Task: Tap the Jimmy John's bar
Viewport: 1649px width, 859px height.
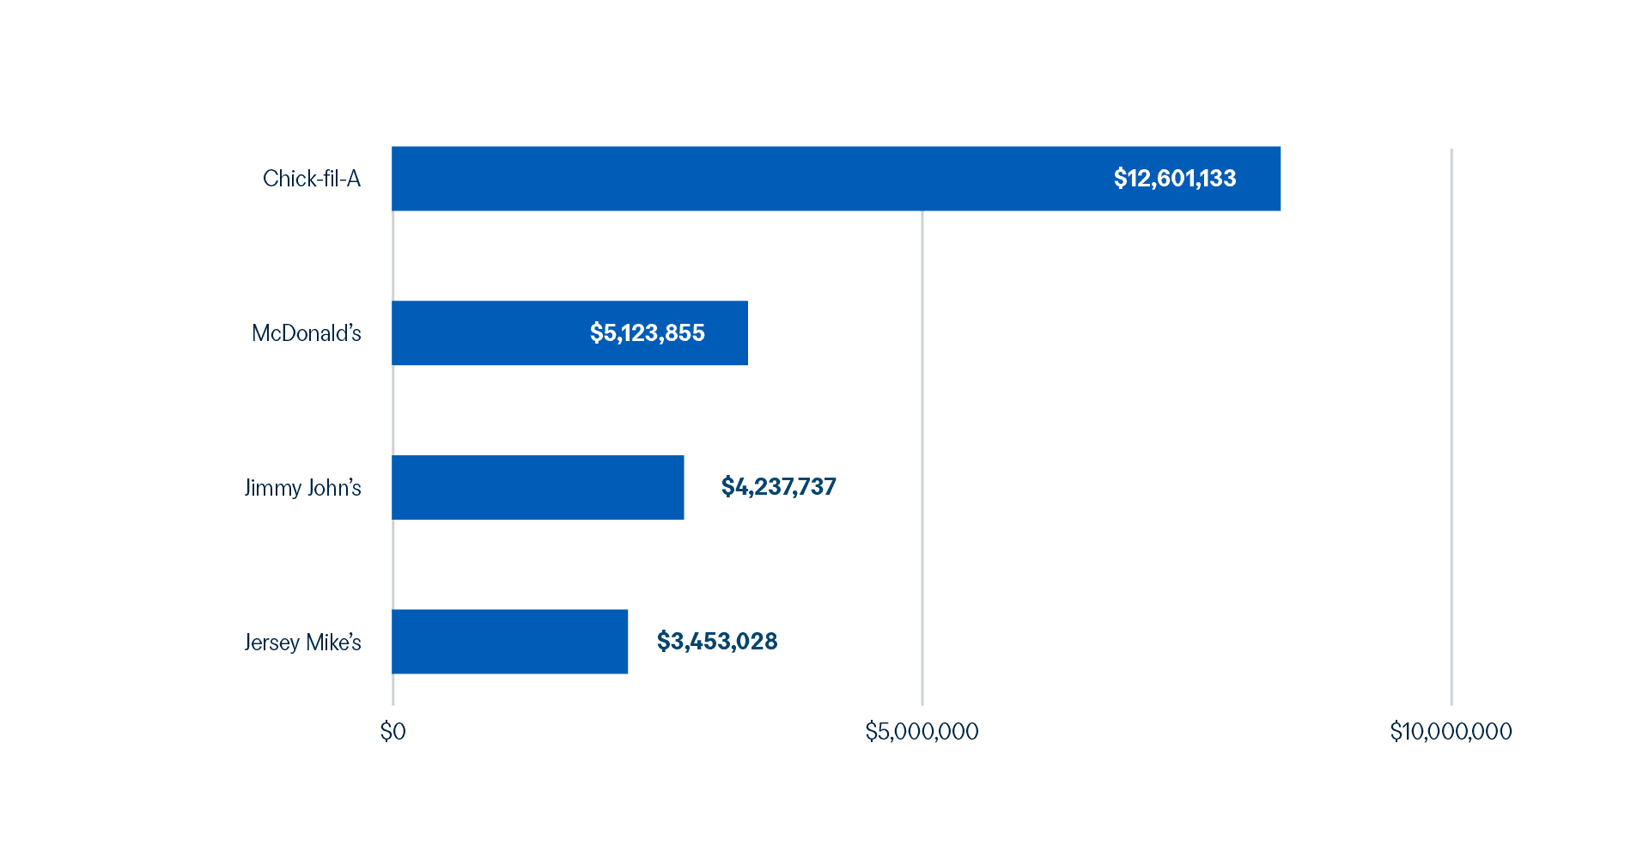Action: [539, 487]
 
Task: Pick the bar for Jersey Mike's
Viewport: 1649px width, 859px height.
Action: [510, 642]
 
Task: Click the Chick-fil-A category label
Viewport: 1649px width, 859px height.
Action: [312, 179]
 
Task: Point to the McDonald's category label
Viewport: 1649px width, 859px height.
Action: [307, 333]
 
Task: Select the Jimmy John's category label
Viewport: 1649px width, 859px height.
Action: [302, 488]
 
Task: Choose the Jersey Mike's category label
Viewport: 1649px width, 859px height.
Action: [302, 643]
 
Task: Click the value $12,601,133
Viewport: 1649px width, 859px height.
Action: [1175, 179]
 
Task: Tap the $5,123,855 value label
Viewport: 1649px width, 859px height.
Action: [647, 333]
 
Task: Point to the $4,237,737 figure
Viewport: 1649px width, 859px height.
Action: [778, 487]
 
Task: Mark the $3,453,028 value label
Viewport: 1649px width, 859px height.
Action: [717, 642]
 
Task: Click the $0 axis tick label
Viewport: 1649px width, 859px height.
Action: [392, 732]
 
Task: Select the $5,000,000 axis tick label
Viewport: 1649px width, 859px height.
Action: [922, 732]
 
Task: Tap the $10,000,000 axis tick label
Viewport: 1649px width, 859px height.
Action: [1451, 732]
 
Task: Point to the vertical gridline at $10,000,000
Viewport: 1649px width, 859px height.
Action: [1451, 429]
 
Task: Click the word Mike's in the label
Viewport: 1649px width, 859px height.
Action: [334, 643]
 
